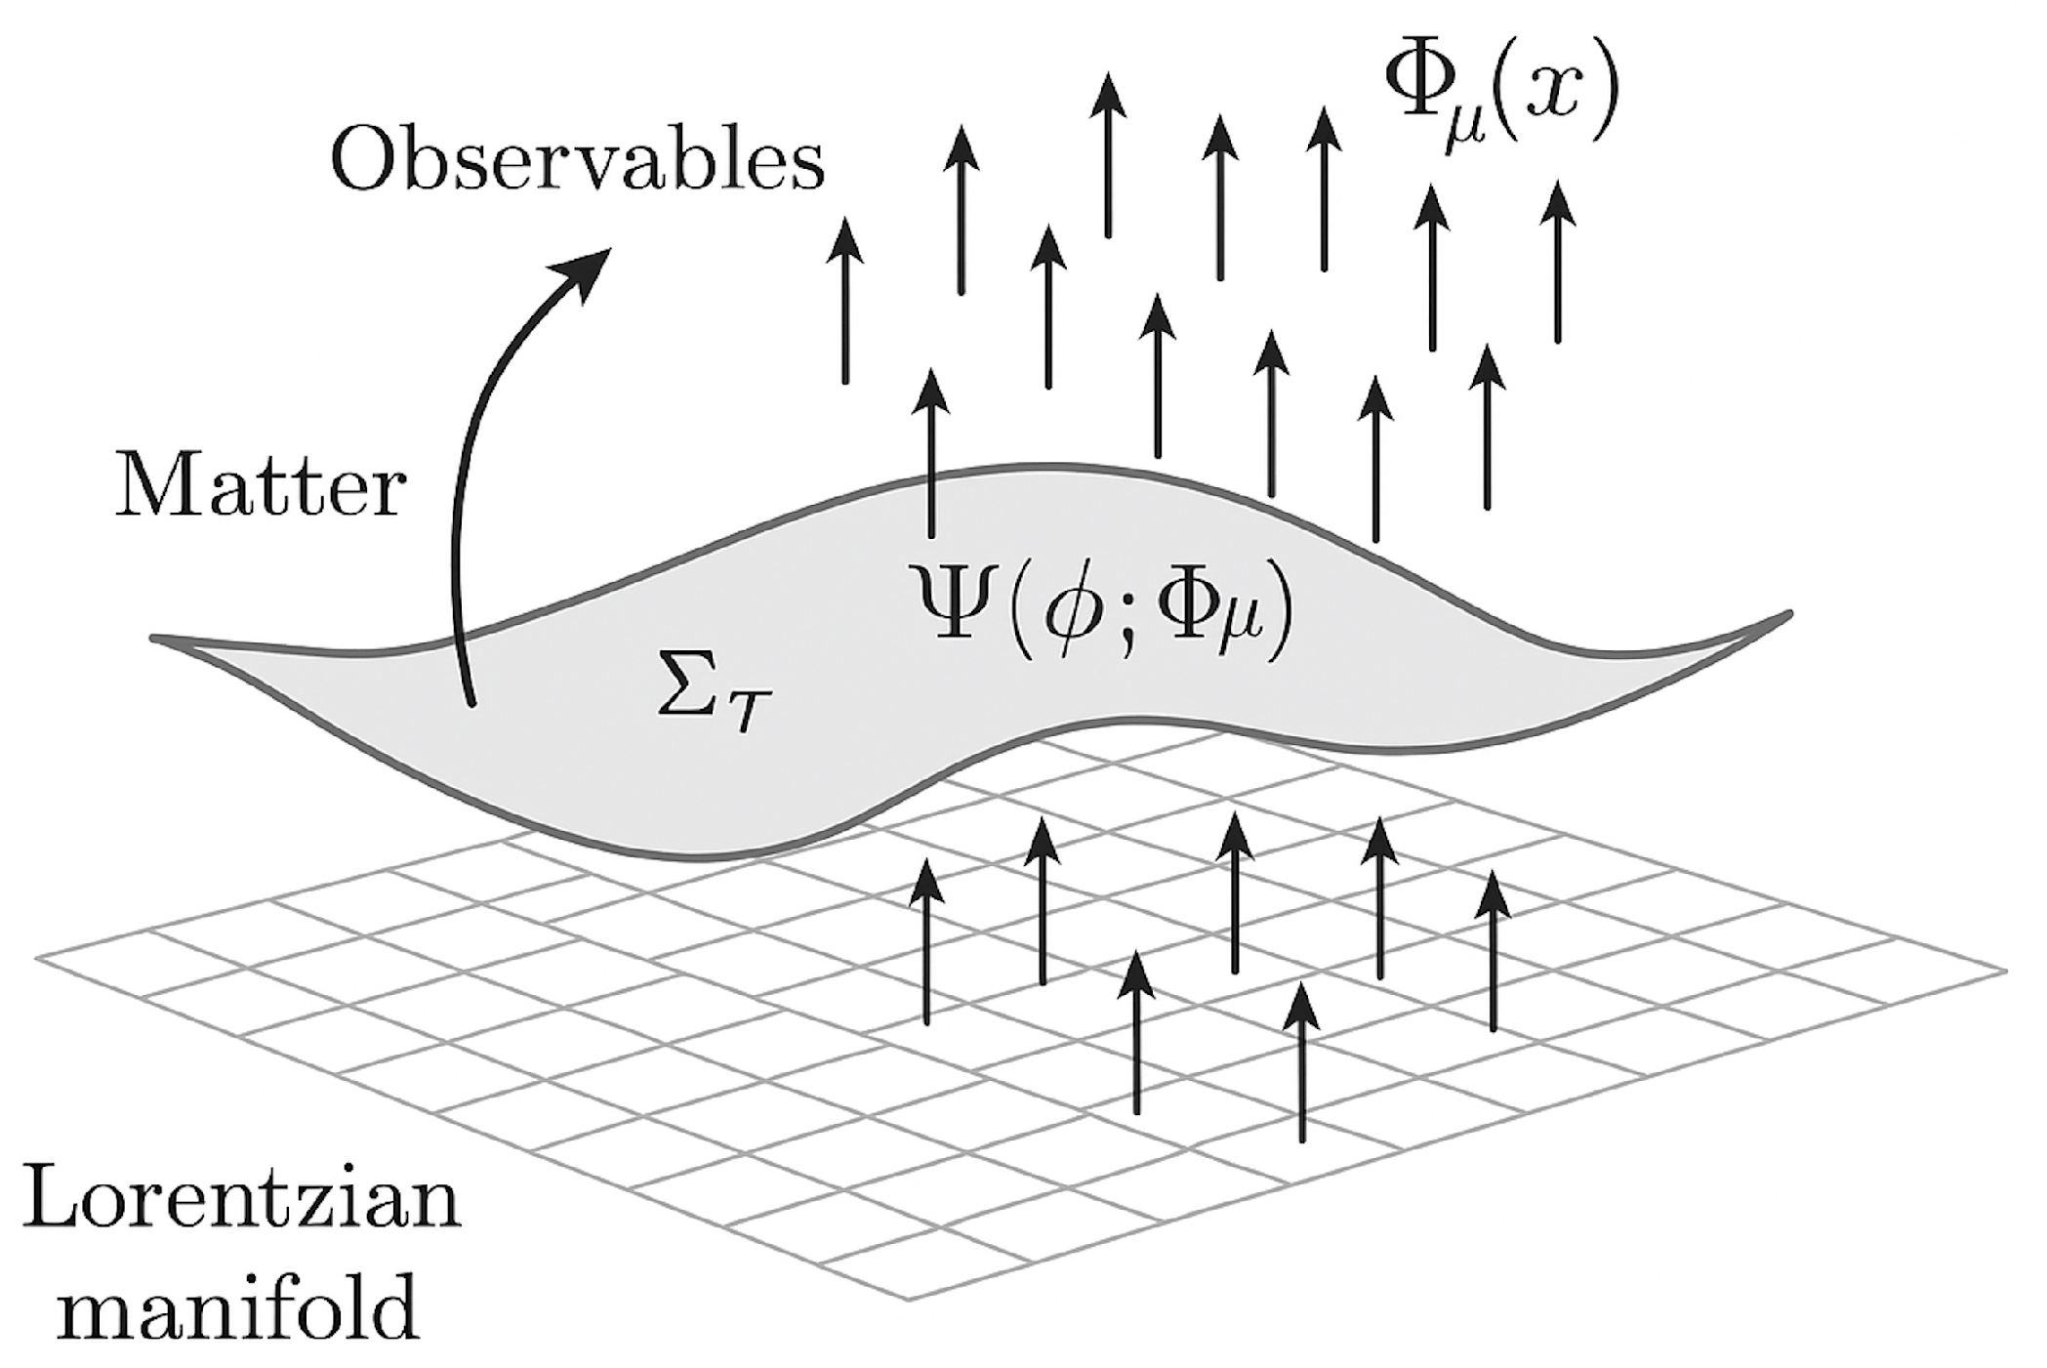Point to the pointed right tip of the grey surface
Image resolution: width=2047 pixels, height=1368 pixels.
point(1789,614)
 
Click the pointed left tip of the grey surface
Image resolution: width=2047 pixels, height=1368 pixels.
point(154,639)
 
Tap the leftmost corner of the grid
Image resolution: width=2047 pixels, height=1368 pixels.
point(37,958)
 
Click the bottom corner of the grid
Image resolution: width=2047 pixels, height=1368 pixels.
point(909,1300)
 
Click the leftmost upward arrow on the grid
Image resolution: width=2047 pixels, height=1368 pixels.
point(926,942)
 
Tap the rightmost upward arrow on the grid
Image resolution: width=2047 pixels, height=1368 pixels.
point(1492,952)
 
